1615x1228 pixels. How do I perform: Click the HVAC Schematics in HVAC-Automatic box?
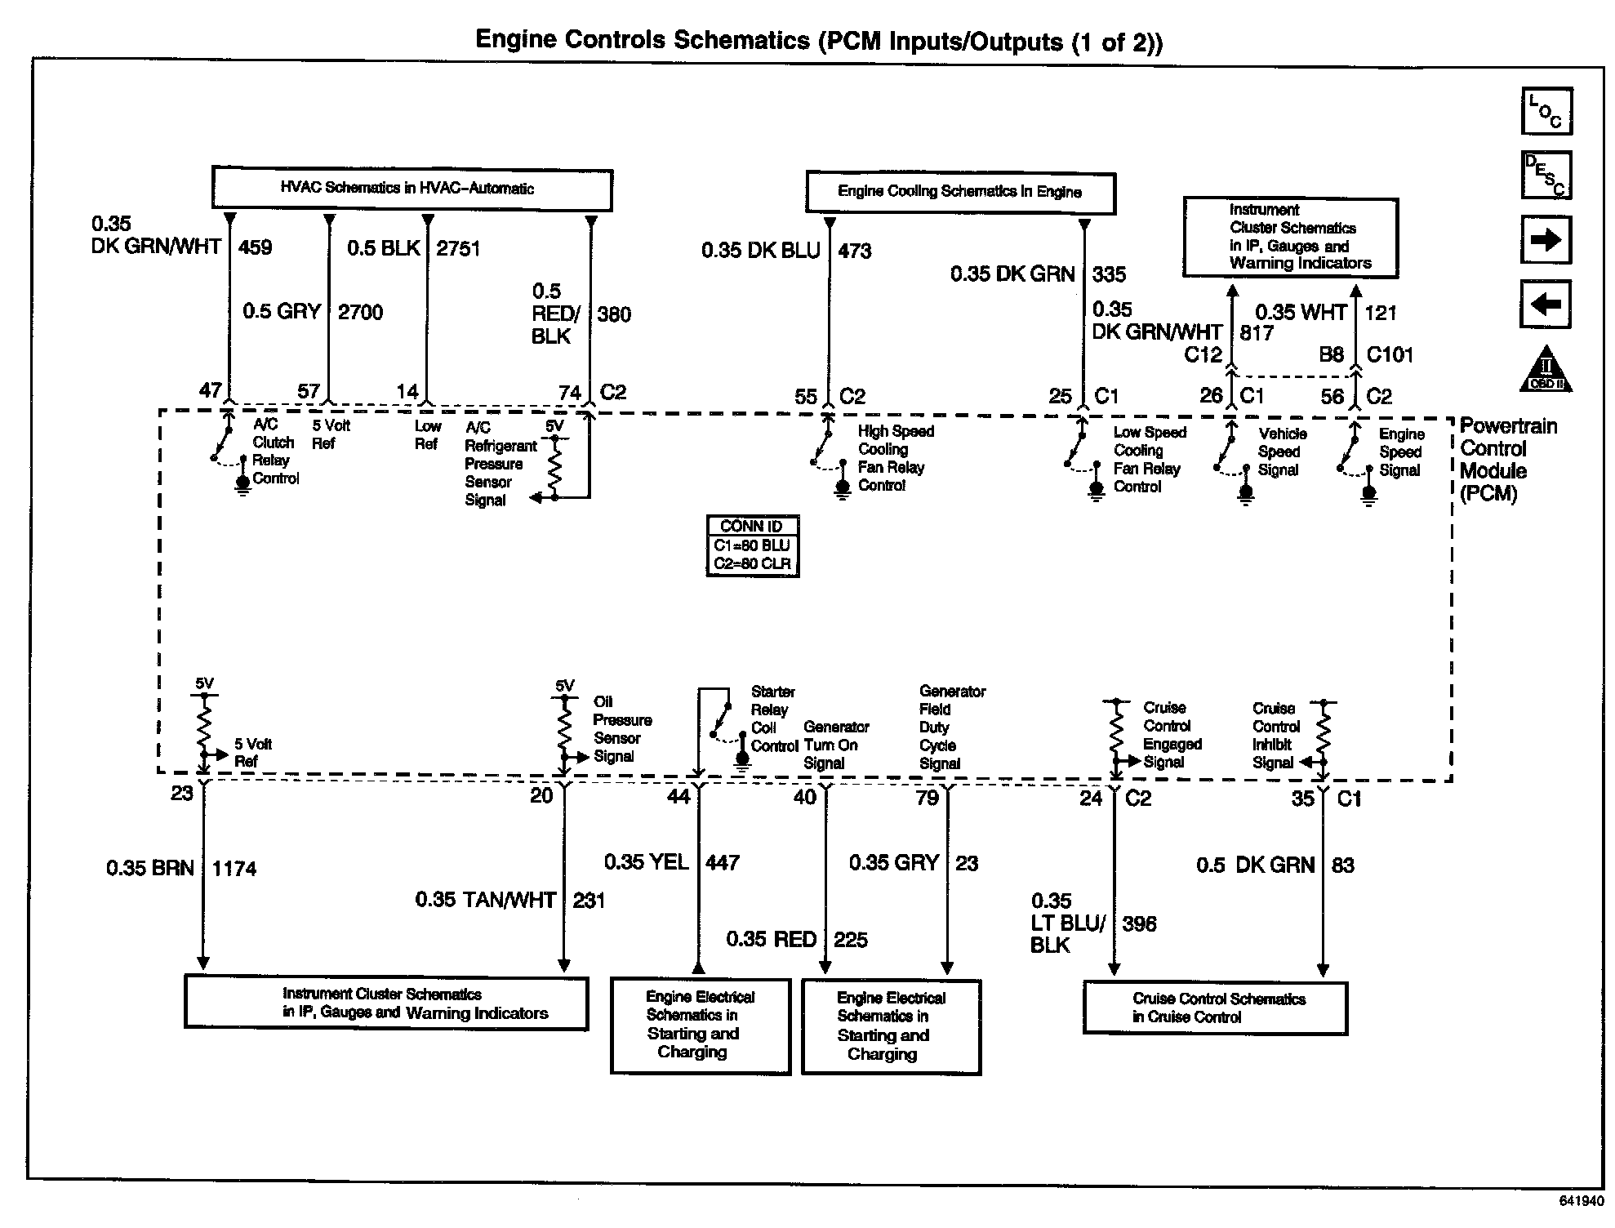[x=412, y=189]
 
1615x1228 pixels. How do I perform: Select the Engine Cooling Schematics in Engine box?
[x=959, y=193]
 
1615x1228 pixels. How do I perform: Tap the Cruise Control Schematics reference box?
[x=1215, y=1008]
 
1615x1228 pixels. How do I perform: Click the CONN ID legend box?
[x=751, y=545]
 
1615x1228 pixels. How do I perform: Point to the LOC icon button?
[x=1546, y=111]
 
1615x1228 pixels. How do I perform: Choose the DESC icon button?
[x=1546, y=176]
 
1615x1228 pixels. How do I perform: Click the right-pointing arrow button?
[x=1546, y=240]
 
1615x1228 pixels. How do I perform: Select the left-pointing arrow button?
[x=1546, y=305]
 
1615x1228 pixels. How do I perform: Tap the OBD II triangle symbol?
[x=1546, y=372]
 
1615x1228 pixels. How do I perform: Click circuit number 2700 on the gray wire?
[x=360, y=312]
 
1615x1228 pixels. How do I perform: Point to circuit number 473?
[x=855, y=251]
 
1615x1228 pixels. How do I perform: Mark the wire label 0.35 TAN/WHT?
[x=485, y=900]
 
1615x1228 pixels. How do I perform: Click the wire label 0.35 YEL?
[x=647, y=862]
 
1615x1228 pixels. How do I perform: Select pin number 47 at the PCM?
[x=211, y=390]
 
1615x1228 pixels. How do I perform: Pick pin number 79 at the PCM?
[x=927, y=798]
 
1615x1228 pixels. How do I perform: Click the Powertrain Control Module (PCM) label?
[x=1507, y=460]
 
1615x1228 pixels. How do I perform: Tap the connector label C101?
[x=1390, y=354]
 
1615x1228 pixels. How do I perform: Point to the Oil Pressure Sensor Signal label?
[x=621, y=729]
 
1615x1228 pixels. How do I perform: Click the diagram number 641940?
[x=1581, y=1201]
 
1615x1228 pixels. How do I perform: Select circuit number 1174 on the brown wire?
[x=234, y=869]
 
